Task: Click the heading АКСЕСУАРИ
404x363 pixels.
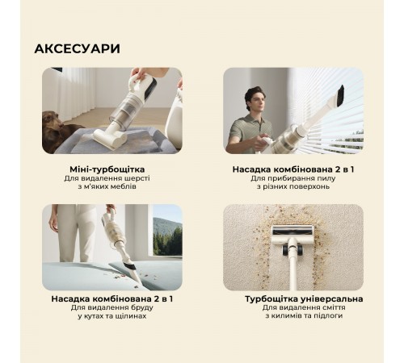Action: pyautogui.click(x=77, y=48)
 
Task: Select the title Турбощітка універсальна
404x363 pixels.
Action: pyautogui.click(x=292, y=298)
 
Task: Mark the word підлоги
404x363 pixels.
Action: pyautogui.click(x=328, y=316)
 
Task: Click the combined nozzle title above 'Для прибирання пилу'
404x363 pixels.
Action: pyautogui.click(x=292, y=168)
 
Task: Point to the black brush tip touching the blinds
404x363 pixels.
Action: pyautogui.click(x=339, y=94)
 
